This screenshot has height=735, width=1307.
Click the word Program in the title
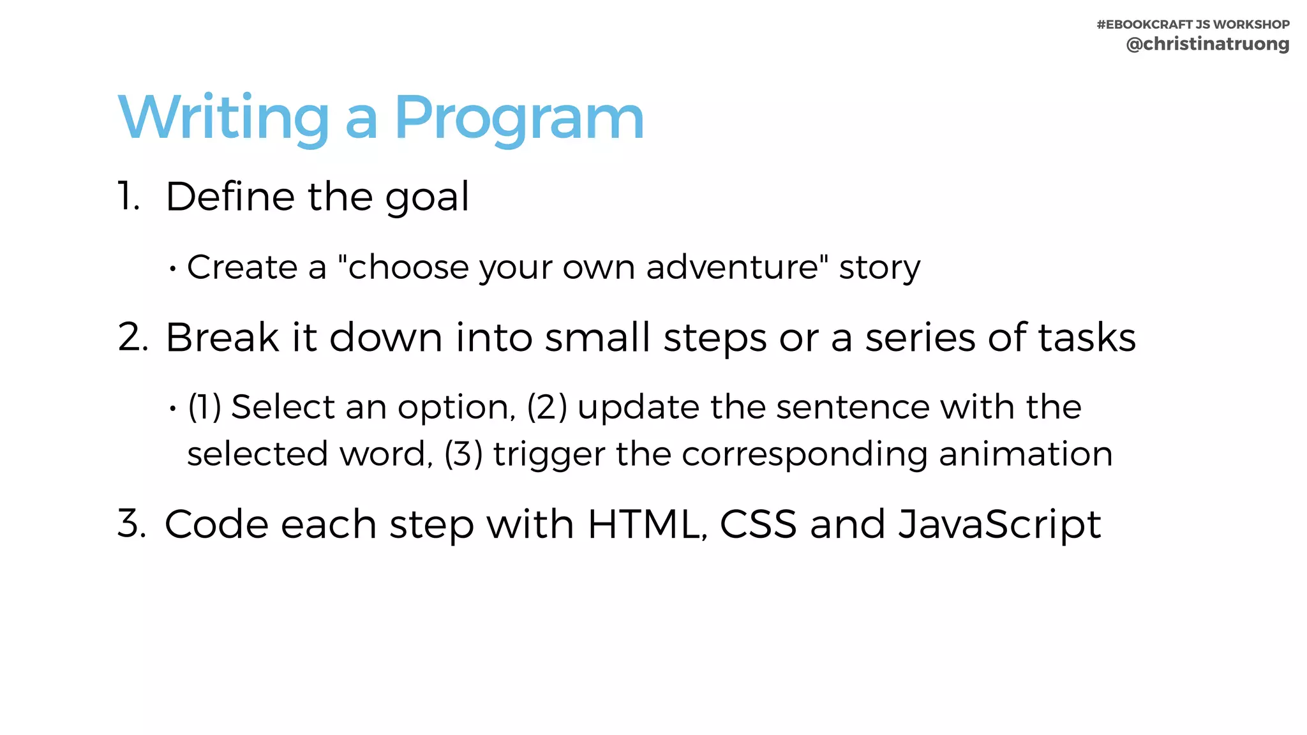(519, 119)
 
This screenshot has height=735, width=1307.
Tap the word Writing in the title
(223, 119)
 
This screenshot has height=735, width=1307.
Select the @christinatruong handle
(1207, 44)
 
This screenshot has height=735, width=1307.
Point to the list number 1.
(128, 196)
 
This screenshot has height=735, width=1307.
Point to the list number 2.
(133, 337)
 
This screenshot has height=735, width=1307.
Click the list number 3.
(132, 523)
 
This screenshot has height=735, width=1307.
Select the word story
(879, 268)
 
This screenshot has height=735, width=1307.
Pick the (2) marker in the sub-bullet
(547, 407)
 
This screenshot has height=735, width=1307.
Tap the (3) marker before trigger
(464, 454)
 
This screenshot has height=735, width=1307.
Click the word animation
(1026, 454)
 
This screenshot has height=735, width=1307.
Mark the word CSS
(758, 524)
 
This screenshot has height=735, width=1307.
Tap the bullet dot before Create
(172, 269)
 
